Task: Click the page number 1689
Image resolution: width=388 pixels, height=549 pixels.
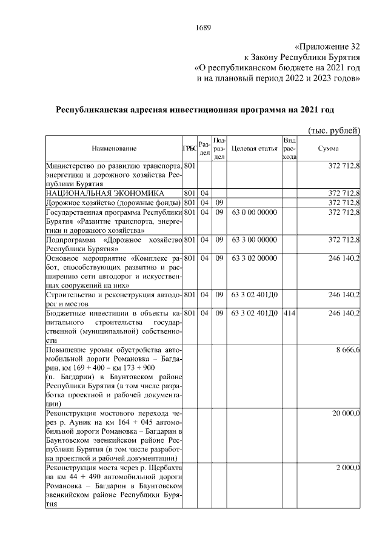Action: tap(203, 27)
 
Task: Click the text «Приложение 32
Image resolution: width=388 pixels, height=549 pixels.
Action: tap(327, 47)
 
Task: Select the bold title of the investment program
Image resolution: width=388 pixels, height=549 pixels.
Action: tap(195, 110)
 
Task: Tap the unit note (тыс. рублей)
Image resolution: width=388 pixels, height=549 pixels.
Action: tap(334, 130)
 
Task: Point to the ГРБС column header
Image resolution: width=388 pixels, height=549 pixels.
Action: tap(189, 149)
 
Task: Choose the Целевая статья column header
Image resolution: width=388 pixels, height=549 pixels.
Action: tap(254, 149)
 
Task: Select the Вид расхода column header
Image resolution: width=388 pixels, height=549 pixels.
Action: tap(289, 149)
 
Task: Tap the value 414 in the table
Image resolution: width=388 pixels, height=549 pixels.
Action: tap(289, 313)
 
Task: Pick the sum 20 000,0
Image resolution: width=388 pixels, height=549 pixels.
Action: tap(346, 413)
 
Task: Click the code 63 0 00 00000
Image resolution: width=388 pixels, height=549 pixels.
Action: tap(254, 212)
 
